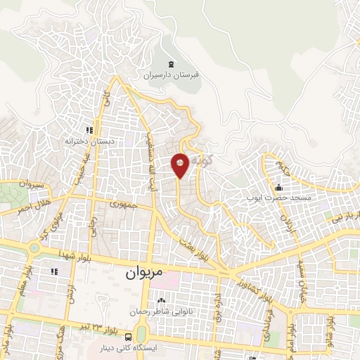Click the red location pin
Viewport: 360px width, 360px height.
(x=180, y=165)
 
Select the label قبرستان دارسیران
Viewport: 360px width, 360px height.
(x=172, y=73)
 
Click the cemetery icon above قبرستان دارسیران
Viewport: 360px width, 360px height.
(x=171, y=63)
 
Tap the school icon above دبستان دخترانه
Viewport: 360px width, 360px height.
(x=89, y=130)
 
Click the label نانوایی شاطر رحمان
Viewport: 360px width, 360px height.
(x=161, y=310)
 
